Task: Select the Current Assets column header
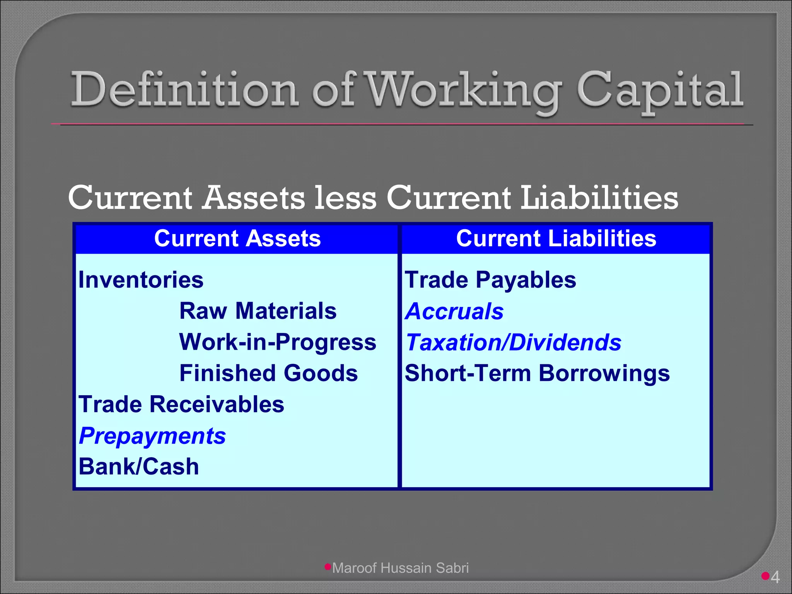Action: pyautogui.click(x=237, y=238)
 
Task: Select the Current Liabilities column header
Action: pyautogui.click(x=556, y=238)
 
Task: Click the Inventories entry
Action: pyautogui.click(x=141, y=280)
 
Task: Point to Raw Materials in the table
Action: pyautogui.click(x=258, y=311)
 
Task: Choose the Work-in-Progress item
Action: pyautogui.click(x=278, y=342)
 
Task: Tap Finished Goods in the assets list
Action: pyautogui.click(x=268, y=373)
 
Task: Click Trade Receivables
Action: pyautogui.click(x=181, y=405)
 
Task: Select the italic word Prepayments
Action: pyautogui.click(x=152, y=436)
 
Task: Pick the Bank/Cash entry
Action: pyautogui.click(x=138, y=467)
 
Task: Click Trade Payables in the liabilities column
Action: pyautogui.click(x=490, y=280)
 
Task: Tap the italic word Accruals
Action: pyautogui.click(x=454, y=311)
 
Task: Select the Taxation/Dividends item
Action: pyautogui.click(x=513, y=343)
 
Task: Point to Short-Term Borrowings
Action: pyautogui.click(x=537, y=373)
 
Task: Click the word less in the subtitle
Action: pyautogui.click(x=345, y=198)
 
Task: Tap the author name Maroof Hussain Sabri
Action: pyautogui.click(x=400, y=568)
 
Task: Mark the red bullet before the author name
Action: pyautogui.click(x=328, y=567)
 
